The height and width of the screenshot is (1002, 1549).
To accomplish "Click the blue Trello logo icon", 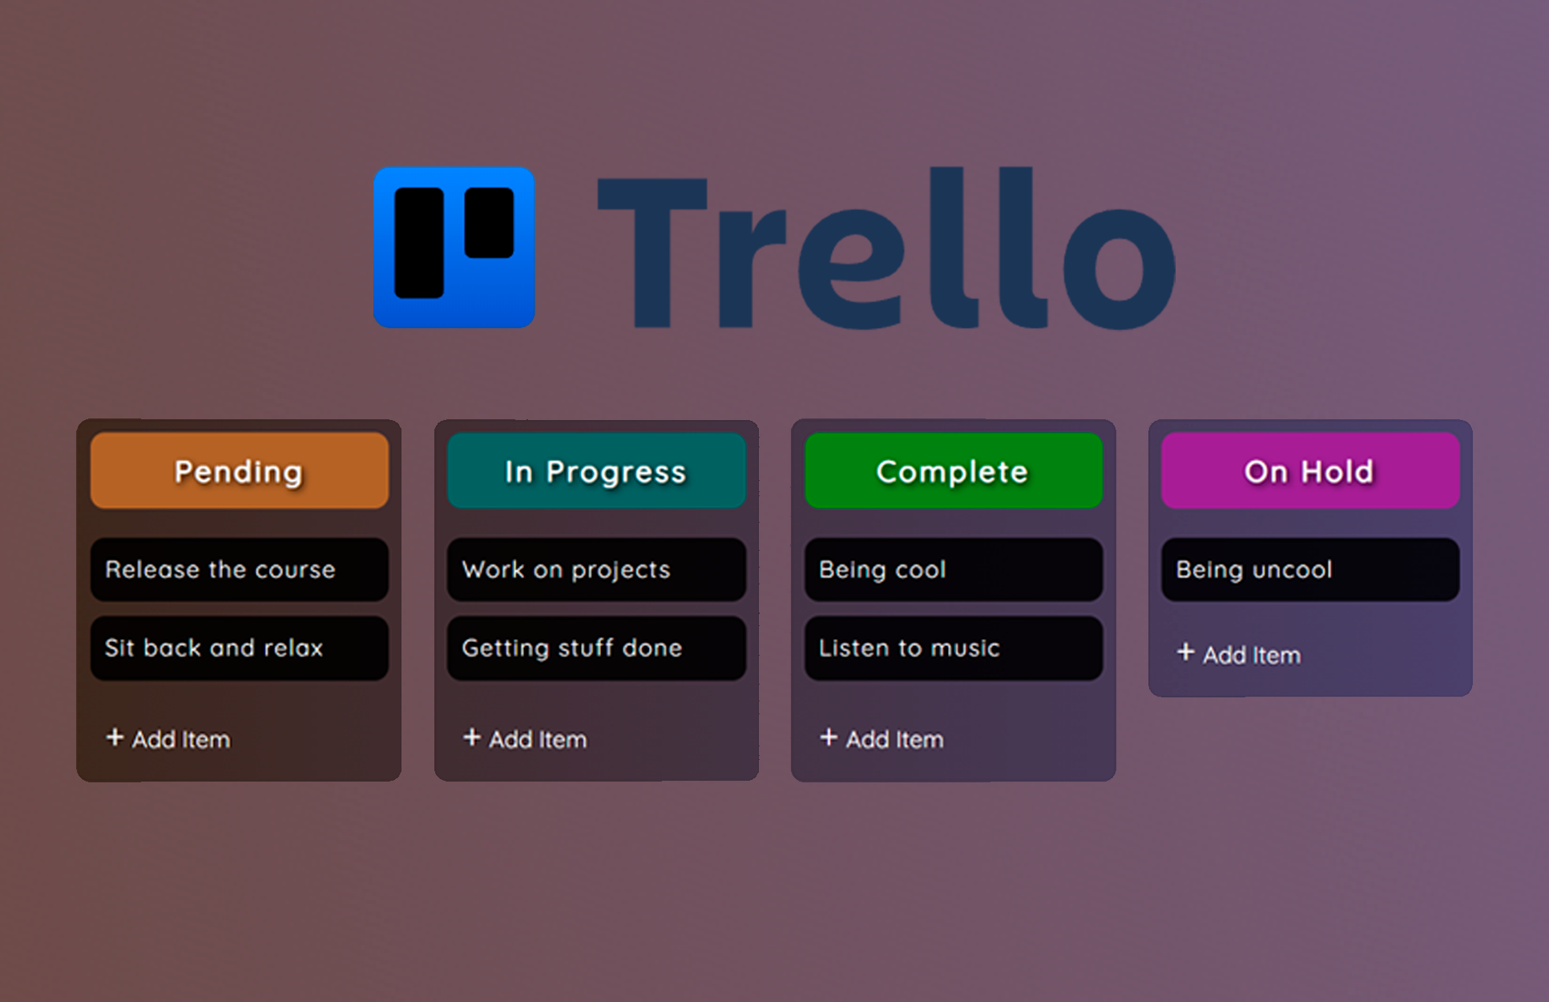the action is pos(454,247).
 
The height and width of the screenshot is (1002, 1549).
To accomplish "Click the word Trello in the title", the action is pos(886,248).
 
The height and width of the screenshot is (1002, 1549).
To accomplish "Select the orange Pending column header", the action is pos(240,471).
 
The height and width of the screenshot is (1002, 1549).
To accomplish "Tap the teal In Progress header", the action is pos(596,471).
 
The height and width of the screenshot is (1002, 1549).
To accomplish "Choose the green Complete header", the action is pos(954,471).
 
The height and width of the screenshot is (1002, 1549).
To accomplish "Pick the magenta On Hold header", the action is pos(1310,471).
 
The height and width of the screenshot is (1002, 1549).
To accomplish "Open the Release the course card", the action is pos(240,569).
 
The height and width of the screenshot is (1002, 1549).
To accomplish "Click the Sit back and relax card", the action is pos(240,648).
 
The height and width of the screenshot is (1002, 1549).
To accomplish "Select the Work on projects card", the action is pos(596,569).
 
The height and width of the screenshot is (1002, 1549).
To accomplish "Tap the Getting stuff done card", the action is pos(596,648).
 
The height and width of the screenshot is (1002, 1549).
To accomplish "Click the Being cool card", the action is pos(954,569).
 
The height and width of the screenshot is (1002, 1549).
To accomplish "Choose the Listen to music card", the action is pos(954,648).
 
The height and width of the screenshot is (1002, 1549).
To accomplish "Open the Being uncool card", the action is pos(1310,569).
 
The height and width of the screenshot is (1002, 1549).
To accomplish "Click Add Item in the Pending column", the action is pos(168,738).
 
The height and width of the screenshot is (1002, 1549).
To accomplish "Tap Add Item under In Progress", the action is pos(525,738).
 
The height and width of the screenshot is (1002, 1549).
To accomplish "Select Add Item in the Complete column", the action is pos(881,738).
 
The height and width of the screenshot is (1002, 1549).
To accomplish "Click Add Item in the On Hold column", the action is pos(1239,654).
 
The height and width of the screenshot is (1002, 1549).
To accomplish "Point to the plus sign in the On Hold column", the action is pos(1186,652).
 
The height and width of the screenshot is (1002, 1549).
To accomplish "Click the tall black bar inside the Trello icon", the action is pos(419,243).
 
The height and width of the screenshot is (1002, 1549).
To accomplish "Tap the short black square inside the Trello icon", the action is pos(489,223).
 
